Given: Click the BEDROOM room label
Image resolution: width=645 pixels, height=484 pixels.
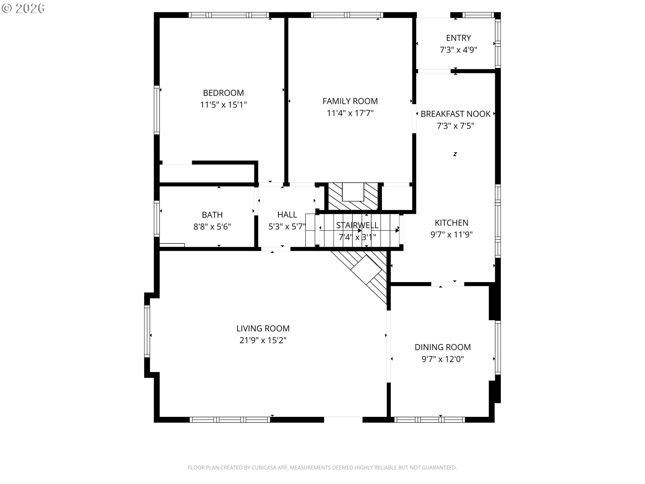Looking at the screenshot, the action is pyautogui.click(x=223, y=93).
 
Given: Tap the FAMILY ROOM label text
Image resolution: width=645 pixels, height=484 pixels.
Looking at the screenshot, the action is pyautogui.click(x=350, y=101).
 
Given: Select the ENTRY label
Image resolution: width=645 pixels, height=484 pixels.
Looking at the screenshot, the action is pyautogui.click(x=459, y=38).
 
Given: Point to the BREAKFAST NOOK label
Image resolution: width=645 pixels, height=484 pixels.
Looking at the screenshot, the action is pyautogui.click(x=456, y=114).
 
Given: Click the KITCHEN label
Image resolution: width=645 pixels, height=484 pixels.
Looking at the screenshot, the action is pyautogui.click(x=451, y=223).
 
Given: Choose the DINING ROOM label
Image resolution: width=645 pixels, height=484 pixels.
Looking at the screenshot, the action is pyautogui.click(x=443, y=347).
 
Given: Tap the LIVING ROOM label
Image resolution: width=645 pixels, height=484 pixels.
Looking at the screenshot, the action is pyautogui.click(x=263, y=328).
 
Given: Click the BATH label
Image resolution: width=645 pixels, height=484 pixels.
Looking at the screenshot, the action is pyautogui.click(x=212, y=215).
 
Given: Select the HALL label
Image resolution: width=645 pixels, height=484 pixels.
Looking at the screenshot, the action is pyautogui.click(x=287, y=214).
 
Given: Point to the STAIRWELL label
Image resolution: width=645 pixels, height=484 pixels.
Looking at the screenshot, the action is pyautogui.click(x=357, y=225).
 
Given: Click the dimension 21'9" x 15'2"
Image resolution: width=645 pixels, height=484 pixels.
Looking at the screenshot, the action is pyautogui.click(x=263, y=340).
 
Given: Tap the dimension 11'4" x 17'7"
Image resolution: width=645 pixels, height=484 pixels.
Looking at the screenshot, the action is pyautogui.click(x=350, y=113).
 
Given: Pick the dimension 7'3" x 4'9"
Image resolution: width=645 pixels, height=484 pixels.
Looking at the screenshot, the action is pyautogui.click(x=459, y=50).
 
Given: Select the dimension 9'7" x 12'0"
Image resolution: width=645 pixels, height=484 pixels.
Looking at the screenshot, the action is pyautogui.click(x=443, y=359).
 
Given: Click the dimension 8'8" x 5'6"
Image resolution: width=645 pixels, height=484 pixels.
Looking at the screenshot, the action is pyautogui.click(x=212, y=227).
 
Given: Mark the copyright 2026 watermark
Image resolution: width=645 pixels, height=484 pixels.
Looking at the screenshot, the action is pyautogui.click(x=23, y=8).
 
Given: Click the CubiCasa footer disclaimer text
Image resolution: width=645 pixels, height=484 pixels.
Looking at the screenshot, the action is pyautogui.click(x=322, y=468).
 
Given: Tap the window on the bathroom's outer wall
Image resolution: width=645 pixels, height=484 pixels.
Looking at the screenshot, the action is pyautogui.click(x=157, y=218).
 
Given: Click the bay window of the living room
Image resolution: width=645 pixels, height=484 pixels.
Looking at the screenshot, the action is pyautogui.click(x=147, y=331).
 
